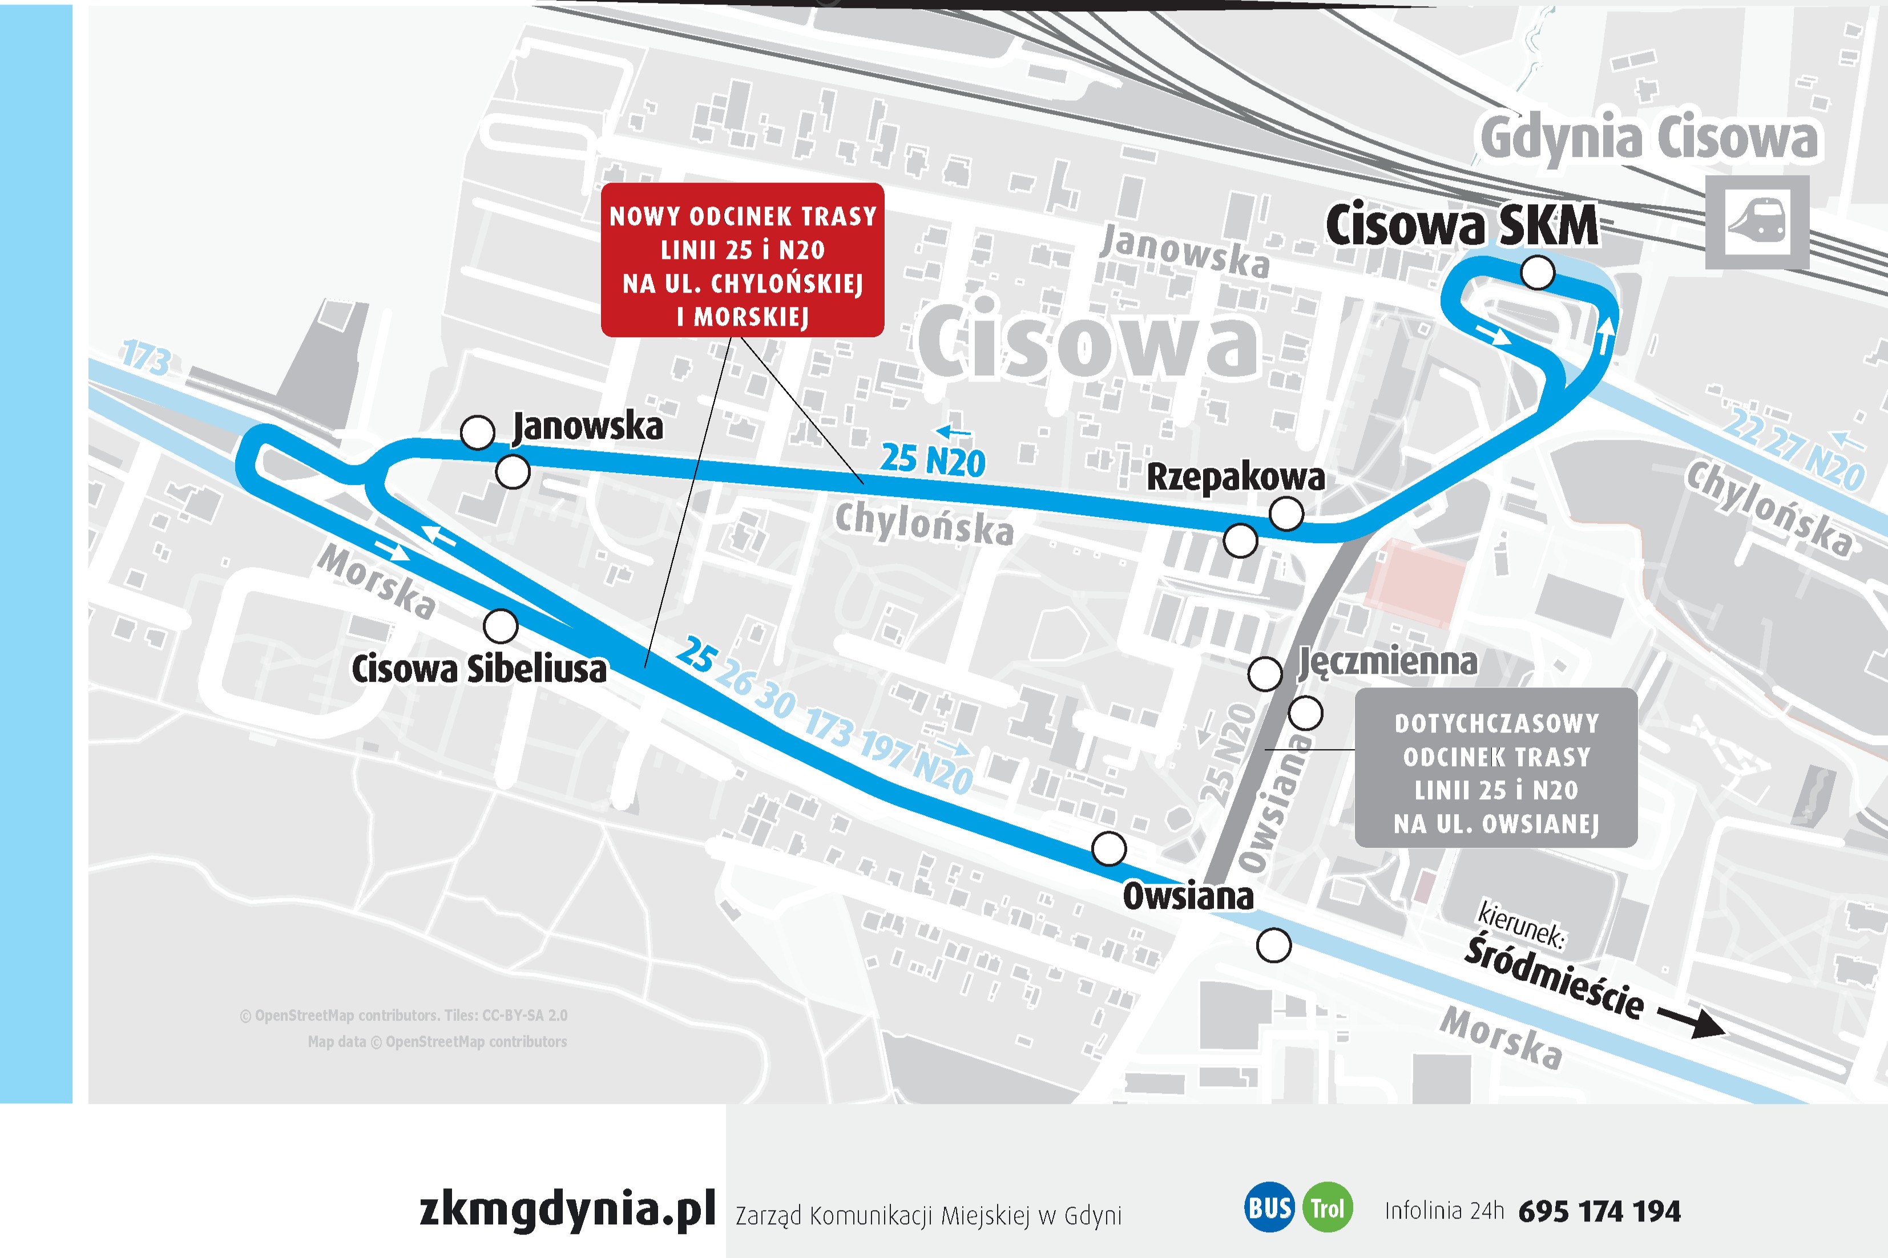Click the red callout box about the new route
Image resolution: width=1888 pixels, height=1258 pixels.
click(x=742, y=260)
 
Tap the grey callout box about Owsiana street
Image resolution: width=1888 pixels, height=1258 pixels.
click(x=1496, y=768)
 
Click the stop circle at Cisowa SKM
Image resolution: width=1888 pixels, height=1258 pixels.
click(x=1536, y=273)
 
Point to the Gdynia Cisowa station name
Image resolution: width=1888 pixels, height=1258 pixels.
click(x=1649, y=139)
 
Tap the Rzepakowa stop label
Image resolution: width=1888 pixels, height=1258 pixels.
click(x=1235, y=478)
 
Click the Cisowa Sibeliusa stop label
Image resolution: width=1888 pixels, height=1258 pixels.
click(x=479, y=669)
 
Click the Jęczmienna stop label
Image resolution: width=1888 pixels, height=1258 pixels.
click(x=1387, y=662)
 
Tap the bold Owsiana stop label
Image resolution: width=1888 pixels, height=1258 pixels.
click(x=1188, y=896)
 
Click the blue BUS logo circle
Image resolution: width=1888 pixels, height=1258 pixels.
click(x=1269, y=1207)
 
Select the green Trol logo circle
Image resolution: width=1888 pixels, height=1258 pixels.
click(x=1327, y=1207)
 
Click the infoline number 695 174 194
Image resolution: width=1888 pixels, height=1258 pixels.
click(x=1599, y=1211)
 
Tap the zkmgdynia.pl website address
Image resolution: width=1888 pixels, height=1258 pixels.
click(x=567, y=1208)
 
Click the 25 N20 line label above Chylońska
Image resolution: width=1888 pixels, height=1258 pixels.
click(x=933, y=460)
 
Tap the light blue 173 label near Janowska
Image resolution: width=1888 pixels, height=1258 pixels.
click(x=146, y=358)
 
